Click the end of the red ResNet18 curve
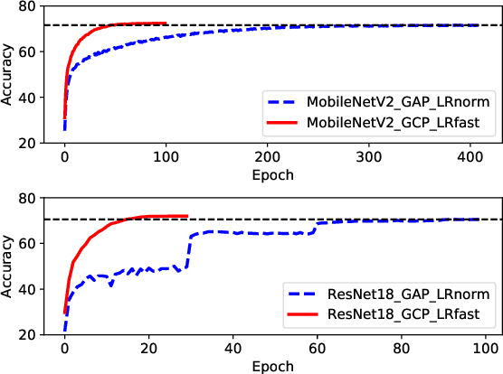tap(185, 216)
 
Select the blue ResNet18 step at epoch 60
tap(316, 227)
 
